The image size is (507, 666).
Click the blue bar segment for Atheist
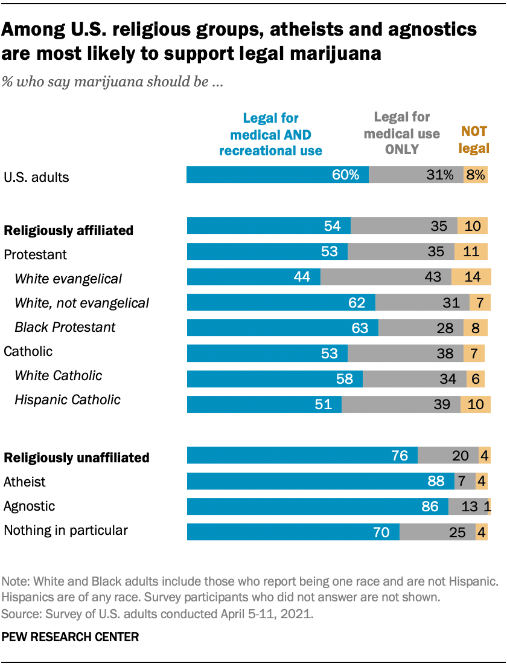point(320,481)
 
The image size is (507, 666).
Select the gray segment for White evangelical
point(386,277)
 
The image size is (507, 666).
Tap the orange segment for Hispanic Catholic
point(476,404)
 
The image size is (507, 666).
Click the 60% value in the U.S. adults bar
point(345,175)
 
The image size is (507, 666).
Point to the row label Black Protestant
point(65,327)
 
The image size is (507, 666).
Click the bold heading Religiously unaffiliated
point(77,457)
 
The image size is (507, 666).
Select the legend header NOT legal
point(474,140)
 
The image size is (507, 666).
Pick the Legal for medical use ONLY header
point(401,132)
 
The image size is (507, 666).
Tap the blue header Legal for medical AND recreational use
point(270,134)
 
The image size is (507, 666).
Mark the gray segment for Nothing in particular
point(437,532)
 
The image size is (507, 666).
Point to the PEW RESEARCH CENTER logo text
point(71,636)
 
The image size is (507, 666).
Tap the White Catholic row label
point(58,375)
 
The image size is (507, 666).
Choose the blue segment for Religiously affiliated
point(269,226)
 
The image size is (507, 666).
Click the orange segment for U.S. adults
point(475,175)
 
